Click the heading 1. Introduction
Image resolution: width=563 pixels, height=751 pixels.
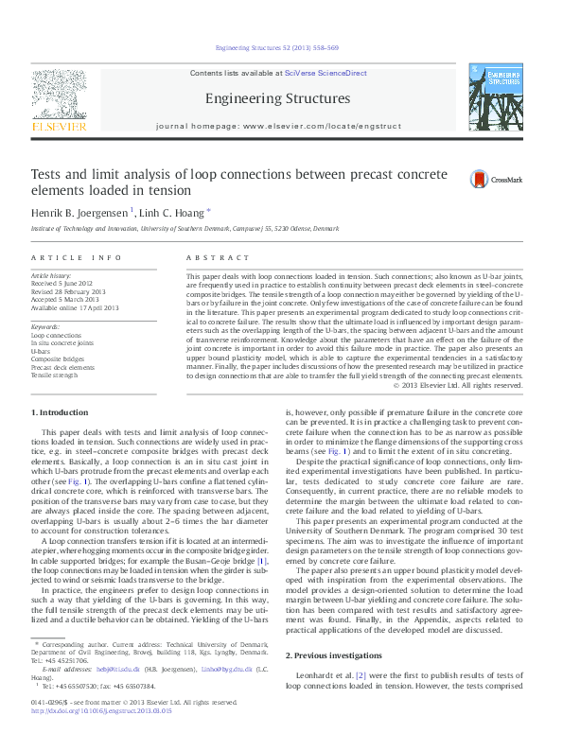(61, 411)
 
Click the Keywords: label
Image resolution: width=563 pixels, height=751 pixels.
(45, 326)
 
